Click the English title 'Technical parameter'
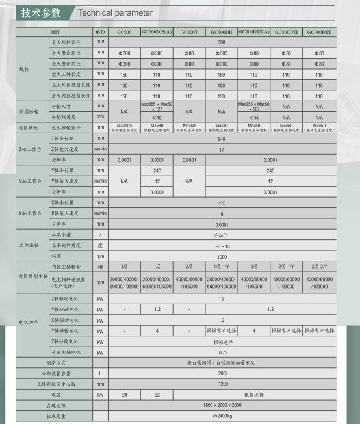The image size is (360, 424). (x=116, y=12)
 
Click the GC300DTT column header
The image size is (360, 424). (x=318, y=31)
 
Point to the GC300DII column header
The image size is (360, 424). (x=221, y=31)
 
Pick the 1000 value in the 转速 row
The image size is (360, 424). (x=221, y=256)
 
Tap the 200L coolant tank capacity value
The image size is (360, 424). (x=221, y=373)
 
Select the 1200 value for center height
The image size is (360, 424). (x=221, y=384)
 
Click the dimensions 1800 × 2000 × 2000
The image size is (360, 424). (x=221, y=404)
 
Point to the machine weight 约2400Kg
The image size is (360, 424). (x=221, y=415)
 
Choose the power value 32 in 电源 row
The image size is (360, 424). (x=157, y=394)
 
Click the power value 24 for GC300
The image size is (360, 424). (x=124, y=394)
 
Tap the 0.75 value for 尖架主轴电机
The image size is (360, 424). (x=221, y=352)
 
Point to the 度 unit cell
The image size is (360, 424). (x=100, y=245)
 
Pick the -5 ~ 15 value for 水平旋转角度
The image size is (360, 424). (x=221, y=245)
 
